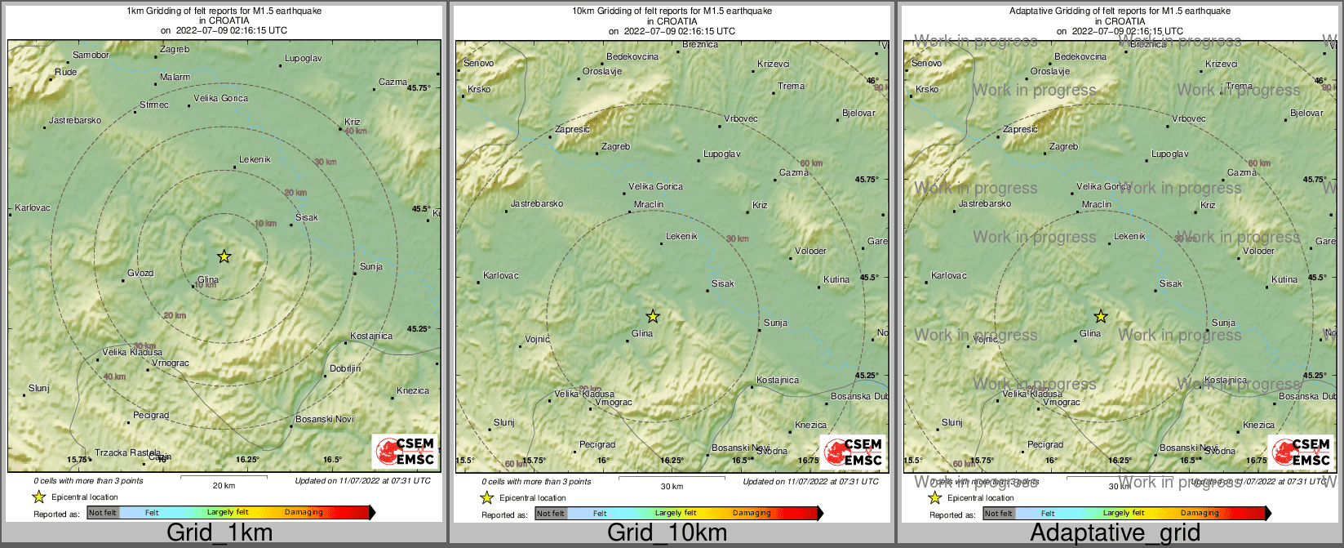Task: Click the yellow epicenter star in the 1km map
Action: pos(224,256)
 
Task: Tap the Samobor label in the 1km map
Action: pos(91,56)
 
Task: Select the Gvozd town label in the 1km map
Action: pos(140,273)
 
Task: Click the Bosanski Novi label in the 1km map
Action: pos(324,419)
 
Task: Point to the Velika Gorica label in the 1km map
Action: pos(220,98)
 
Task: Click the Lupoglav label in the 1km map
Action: pos(303,59)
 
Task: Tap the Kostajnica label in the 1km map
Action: pos(370,336)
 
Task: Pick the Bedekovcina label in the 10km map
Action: pos(632,56)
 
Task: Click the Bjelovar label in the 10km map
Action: pos(858,113)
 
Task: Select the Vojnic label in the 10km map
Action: pos(537,339)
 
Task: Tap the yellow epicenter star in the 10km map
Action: pos(653,316)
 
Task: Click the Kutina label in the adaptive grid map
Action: pos(1284,279)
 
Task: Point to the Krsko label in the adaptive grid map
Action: pos(927,89)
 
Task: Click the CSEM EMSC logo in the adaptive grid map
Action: pos(1301,452)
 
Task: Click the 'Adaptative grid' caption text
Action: pos(1115,533)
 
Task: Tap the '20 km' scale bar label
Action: pos(224,485)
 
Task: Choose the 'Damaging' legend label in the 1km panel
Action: pos(304,512)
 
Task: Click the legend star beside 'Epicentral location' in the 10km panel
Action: pos(487,497)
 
